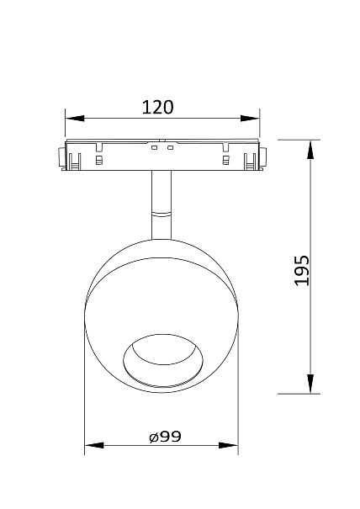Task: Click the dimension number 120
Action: [x=158, y=108]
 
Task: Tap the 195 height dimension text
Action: [x=302, y=270]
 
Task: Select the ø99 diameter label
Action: [x=165, y=437]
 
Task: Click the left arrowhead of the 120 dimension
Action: [x=75, y=119]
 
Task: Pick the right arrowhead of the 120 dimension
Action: [x=251, y=119]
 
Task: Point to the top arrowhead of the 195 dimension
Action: [x=310, y=150]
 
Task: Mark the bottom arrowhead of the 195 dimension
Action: [x=310, y=384]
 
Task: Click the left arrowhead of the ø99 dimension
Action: [x=94, y=445]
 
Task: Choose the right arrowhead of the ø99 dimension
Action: [x=229, y=445]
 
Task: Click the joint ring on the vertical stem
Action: [x=161, y=214]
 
